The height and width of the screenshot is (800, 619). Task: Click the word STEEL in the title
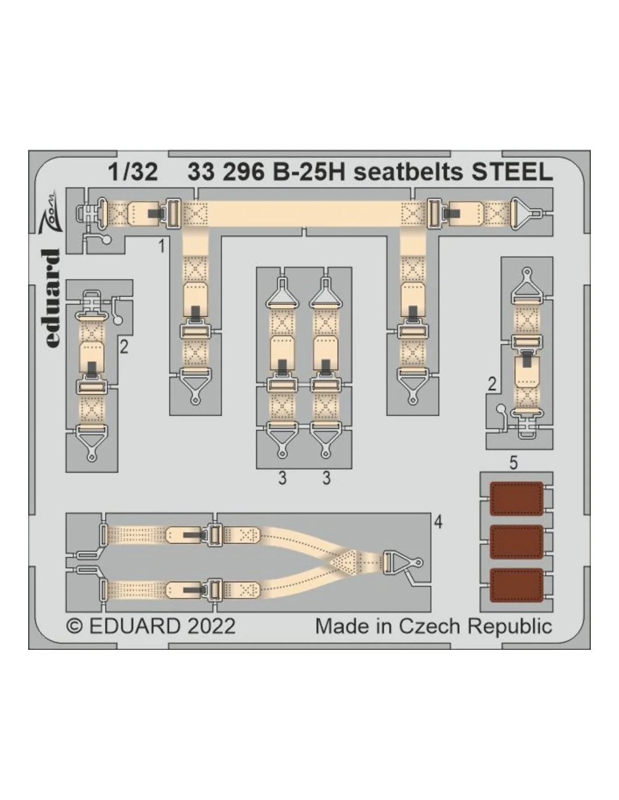(x=512, y=172)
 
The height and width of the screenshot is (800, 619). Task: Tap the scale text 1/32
(x=133, y=172)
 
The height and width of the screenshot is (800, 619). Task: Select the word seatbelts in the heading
(x=407, y=172)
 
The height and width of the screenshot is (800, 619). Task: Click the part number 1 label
(x=162, y=246)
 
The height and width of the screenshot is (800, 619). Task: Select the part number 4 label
(x=438, y=523)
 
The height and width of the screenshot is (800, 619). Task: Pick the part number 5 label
(x=513, y=463)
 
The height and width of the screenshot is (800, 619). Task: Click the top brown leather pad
(x=517, y=498)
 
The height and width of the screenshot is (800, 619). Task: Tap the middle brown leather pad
(x=517, y=542)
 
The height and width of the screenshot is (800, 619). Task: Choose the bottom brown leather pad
(x=517, y=585)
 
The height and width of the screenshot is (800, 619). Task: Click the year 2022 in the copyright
(x=211, y=626)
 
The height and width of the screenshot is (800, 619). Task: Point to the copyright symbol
(x=75, y=626)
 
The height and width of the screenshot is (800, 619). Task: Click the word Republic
(x=510, y=627)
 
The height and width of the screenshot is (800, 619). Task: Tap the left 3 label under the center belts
(x=282, y=479)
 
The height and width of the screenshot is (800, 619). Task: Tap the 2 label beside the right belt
(x=492, y=385)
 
